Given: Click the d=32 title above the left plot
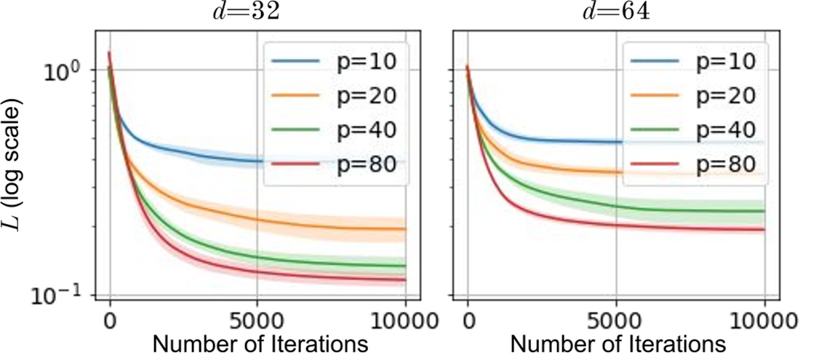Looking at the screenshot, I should pos(249,12).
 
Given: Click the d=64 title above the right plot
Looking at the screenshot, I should pos(607,12).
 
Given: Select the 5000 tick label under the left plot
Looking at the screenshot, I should pos(257,321).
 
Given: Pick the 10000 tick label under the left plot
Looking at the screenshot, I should pos(404,321).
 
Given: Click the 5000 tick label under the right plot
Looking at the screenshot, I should pos(616,321).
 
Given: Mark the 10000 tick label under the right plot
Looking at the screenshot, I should pos(764,321).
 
